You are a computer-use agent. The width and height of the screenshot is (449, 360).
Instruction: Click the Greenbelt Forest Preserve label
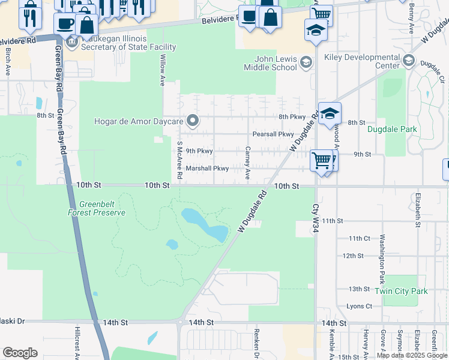[x=96, y=208]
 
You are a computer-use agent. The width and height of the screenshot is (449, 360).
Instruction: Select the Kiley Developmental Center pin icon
[x=409, y=61]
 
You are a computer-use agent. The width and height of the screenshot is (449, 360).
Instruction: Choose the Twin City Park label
[x=401, y=291]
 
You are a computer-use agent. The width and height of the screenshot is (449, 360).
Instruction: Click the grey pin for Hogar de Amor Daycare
[x=193, y=121]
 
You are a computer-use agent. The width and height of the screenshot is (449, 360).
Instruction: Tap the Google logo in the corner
[x=20, y=353]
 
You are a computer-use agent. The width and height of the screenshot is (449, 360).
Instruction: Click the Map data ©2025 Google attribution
[x=412, y=355]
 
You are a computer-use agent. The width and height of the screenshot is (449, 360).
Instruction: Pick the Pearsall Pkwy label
[x=273, y=134]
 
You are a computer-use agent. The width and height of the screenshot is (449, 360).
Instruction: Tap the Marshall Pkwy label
[x=207, y=169]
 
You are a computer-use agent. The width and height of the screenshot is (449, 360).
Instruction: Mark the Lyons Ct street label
[x=359, y=306]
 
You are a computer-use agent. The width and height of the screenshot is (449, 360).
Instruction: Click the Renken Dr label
[x=256, y=344]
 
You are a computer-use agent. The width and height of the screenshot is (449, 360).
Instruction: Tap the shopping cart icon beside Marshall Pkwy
[x=322, y=160]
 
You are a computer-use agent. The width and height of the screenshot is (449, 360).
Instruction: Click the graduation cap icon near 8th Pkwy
[x=330, y=113]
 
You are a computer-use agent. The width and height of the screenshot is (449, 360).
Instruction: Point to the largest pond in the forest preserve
[x=205, y=224]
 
